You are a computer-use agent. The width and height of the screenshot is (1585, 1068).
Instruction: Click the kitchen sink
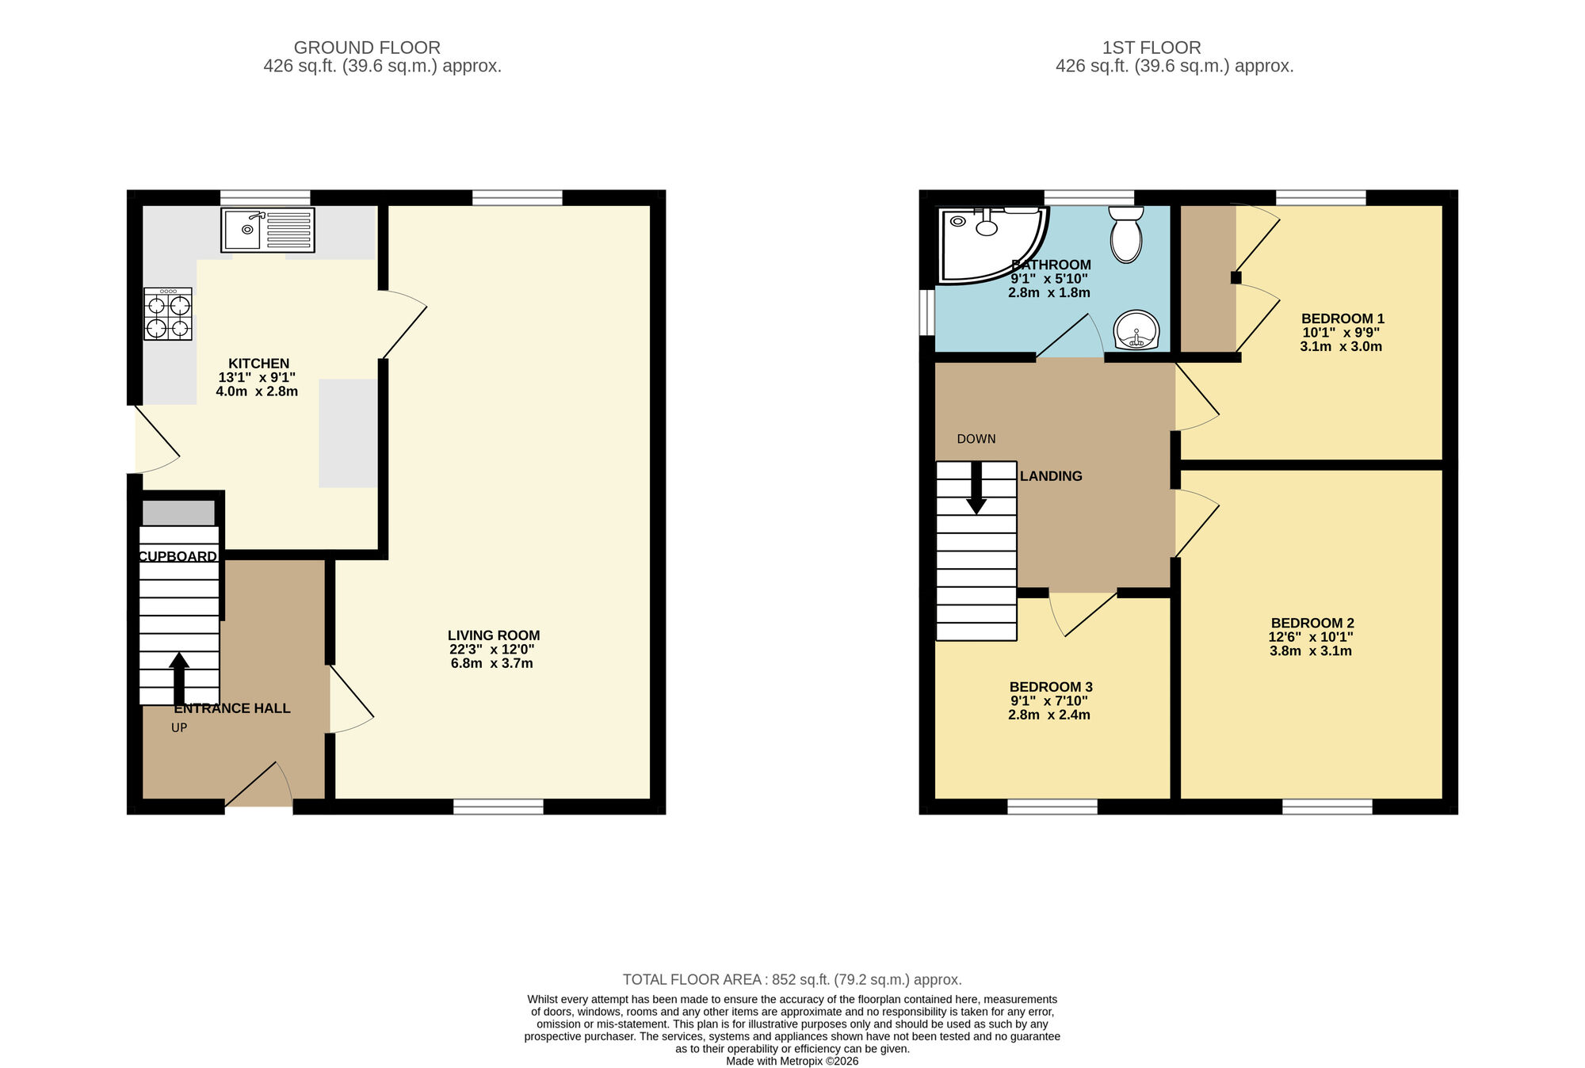[x=268, y=230]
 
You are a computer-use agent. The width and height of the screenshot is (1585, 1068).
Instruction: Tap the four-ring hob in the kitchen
[x=168, y=315]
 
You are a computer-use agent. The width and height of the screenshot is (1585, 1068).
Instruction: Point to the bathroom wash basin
[x=1136, y=330]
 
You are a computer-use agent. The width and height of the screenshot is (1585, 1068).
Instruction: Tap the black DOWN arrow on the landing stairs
[x=976, y=487]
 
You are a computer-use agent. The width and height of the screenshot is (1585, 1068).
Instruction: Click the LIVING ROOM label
[x=494, y=635]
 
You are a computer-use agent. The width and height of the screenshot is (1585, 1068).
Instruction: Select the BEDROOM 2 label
[x=1312, y=624]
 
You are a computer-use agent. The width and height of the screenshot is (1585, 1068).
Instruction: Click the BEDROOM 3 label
[x=1051, y=687]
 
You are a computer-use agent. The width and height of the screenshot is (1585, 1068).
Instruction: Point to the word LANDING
[x=1051, y=476]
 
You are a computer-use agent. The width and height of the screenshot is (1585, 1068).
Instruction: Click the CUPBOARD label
[x=178, y=557]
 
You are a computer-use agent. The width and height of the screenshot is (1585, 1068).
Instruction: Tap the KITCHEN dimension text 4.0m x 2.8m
[x=257, y=391]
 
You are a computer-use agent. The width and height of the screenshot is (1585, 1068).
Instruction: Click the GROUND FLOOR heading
[x=367, y=48]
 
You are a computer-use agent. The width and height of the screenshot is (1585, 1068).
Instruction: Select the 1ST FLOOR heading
[x=1152, y=48]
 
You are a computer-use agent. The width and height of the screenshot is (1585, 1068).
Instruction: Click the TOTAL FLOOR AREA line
[x=792, y=980]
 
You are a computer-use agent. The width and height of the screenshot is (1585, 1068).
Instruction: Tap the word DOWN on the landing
[x=976, y=439]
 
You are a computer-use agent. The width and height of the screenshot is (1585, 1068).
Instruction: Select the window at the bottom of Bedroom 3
[x=1052, y=807]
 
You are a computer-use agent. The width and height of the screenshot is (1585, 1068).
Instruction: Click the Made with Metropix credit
[x=792, y=1061]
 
